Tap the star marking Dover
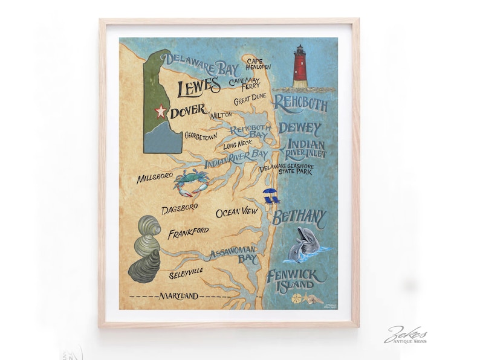(x=161, y=111)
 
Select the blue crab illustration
(x=190, y=182)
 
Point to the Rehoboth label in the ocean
(x=300, y=104)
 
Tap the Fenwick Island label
(x=296, y=281)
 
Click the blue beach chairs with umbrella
(x=270, y=196)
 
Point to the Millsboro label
(x=155, y=179)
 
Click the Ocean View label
(x=236, y=212)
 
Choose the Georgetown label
(x=200, y=137)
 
